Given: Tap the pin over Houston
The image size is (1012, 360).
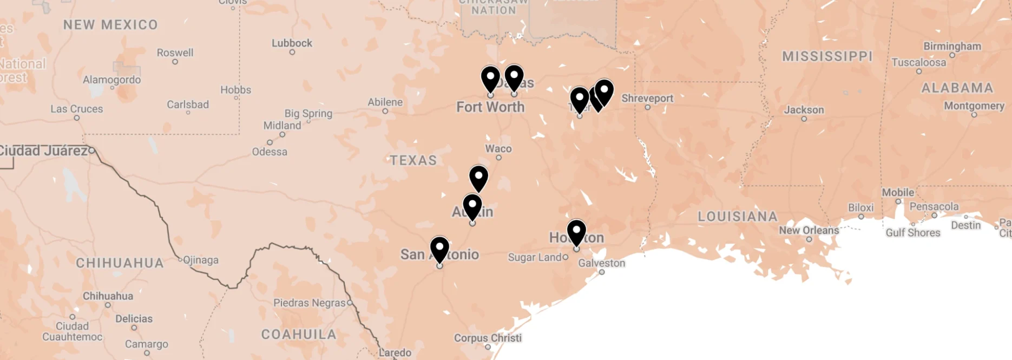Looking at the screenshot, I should [x=576, y=231].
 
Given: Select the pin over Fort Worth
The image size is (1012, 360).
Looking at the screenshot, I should [x=490, y=78].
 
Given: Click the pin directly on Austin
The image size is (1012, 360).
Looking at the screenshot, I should [x=472, y=206].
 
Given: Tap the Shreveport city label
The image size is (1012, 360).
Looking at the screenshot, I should [x=647, y=99].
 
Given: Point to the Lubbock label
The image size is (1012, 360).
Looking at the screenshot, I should [x=292, y=43].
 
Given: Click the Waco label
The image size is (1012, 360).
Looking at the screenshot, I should [x=498, y=148].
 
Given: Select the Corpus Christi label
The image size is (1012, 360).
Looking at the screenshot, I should [x=488, y=338].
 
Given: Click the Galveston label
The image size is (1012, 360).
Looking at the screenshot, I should [x=601, y=263].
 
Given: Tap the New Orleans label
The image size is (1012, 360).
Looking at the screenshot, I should [x=809, y=230].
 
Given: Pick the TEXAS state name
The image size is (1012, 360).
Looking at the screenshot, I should [x=413, y=160].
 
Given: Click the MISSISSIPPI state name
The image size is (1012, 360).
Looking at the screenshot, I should [x=827, y=56].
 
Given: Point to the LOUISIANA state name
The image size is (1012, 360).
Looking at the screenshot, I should [x=737, y=217].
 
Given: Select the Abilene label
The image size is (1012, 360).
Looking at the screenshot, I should [x=385, y=102].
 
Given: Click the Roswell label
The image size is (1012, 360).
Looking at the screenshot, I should [x=175, y=53].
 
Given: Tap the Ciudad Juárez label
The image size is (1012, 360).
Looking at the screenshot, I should [x=43, y=150].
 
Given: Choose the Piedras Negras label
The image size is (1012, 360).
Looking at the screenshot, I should [x=309, y=303].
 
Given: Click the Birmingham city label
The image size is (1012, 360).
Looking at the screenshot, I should [x=952, y=46].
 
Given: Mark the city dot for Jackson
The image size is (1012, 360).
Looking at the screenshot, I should [x=804, y=119].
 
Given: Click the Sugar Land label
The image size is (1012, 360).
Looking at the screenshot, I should [x=534, y=257].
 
